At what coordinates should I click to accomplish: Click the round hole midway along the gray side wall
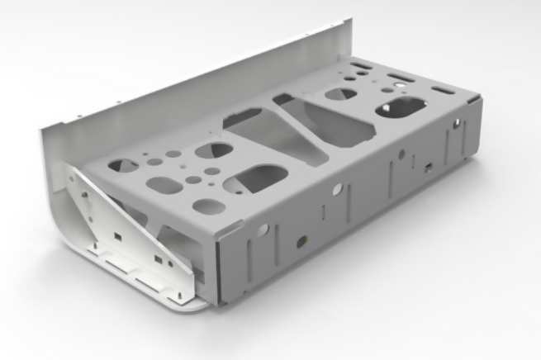339,189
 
